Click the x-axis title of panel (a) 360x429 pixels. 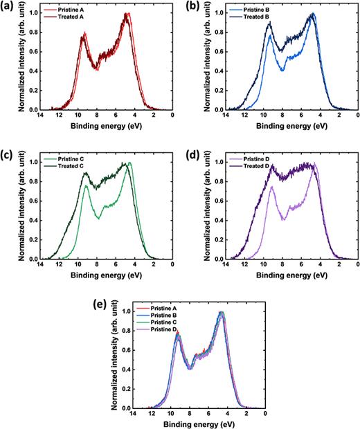tap(96, 127)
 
